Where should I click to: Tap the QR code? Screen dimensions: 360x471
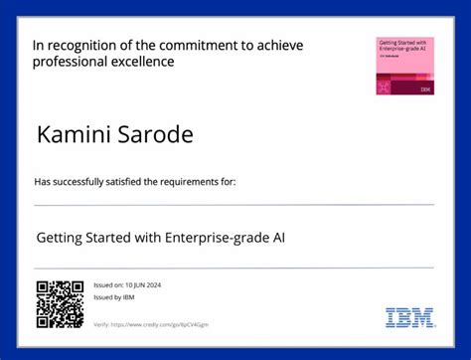[x=60, y=304]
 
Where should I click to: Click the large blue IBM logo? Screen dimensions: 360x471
[x=409, y=318]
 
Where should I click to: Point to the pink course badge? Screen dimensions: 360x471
[x=404, y=66]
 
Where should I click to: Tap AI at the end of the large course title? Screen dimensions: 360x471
[x=293, y=239]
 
